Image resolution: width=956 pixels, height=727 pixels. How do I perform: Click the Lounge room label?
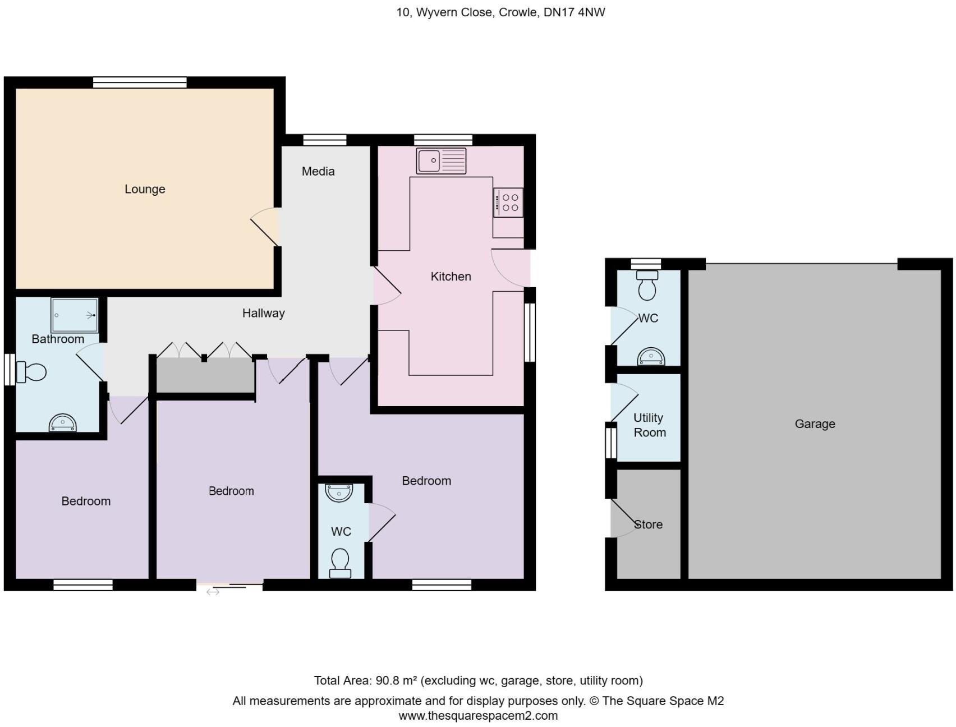pos(145,189)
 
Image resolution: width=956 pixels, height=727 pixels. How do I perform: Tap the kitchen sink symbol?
pos(441,161)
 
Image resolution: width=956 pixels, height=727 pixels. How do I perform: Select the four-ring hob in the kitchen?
pos(508,203)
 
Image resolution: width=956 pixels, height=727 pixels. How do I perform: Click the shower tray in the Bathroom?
pos(75,315)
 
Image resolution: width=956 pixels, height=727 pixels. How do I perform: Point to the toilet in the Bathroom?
pos(32,372)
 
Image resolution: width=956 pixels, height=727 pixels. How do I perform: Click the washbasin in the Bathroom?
pos(62,423)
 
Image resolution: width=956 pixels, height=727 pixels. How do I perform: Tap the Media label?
pos(318,172)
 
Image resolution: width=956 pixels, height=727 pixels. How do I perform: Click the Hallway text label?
pos(263,313)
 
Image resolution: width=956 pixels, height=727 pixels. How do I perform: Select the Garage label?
pos(815,424)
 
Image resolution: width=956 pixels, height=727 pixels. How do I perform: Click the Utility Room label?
pos(649,425)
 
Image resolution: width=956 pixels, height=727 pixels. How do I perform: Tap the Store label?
pos(649,524)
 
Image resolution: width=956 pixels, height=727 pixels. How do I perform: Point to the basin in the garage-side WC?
pos(651,357)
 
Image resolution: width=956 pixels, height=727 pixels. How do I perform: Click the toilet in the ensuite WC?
pos(340,563)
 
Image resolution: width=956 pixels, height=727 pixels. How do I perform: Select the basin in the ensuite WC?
pos(339,493)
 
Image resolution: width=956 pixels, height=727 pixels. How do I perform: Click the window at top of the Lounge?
pos(140,82)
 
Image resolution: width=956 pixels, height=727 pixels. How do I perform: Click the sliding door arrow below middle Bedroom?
pos(213,592)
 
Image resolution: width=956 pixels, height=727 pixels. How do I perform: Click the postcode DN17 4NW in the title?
pos(574,12)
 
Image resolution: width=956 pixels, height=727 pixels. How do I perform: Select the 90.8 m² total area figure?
pos(396,680)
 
